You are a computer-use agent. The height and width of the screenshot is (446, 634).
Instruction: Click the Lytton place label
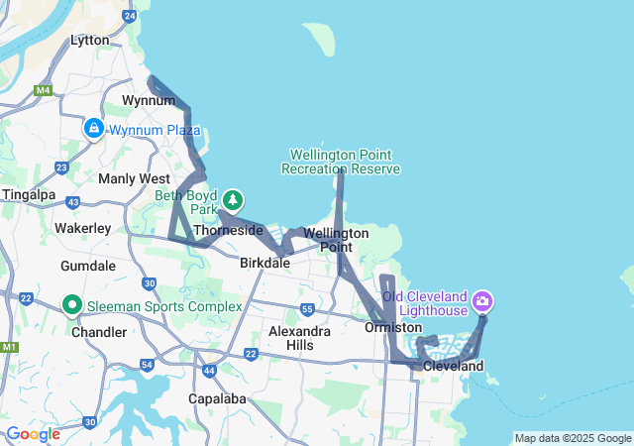tap(89, 41)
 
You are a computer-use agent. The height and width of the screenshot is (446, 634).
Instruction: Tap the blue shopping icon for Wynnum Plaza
tap(93, 128)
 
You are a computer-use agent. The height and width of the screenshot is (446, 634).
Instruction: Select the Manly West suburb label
tap(134, 178)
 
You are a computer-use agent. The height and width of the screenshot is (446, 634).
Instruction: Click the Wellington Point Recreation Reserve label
tap(341, 162)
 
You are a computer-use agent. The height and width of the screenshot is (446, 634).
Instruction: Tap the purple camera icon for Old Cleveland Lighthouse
tap(482, 299)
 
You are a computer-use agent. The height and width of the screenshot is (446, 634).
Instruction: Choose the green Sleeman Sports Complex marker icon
tap(71, 305)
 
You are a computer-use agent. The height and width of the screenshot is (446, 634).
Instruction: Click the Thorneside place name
tap(228, 230)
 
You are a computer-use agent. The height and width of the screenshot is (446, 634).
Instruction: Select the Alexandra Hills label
tap(298, 338)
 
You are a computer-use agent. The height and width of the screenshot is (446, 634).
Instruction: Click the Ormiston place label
tap(393, 327)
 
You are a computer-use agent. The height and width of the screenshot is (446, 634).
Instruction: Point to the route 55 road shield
tap(308, 309)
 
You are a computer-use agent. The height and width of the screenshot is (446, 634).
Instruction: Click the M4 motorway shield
tap(43, 91)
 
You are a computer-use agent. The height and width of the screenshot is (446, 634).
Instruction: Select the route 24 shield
tap(130, 16)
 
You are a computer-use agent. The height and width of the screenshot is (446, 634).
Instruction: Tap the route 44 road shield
tap(209, 371)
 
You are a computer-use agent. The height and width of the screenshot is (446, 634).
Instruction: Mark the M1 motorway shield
tap(10, 348)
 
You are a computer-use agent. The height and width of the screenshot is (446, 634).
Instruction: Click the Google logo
tap(33, 434)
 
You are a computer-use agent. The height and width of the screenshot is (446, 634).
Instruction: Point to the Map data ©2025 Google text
tap(573, 438)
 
